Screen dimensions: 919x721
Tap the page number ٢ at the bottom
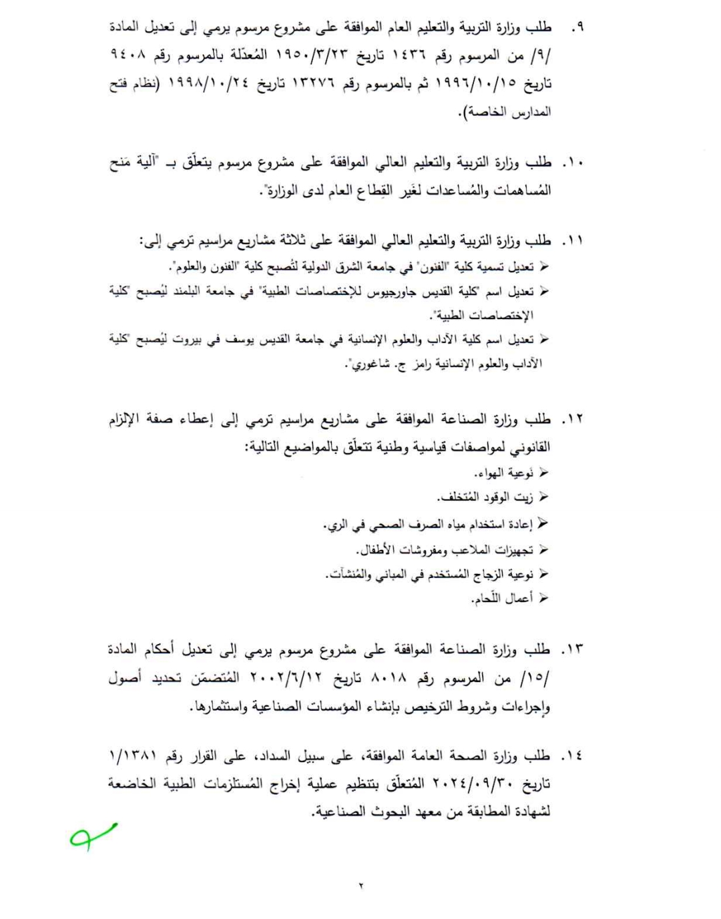tap(361, 885)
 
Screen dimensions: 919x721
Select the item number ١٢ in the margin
tap(572, 420)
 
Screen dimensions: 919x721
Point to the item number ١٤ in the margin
tap(572, 756)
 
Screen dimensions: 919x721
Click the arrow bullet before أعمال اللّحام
tap(543, 598)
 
